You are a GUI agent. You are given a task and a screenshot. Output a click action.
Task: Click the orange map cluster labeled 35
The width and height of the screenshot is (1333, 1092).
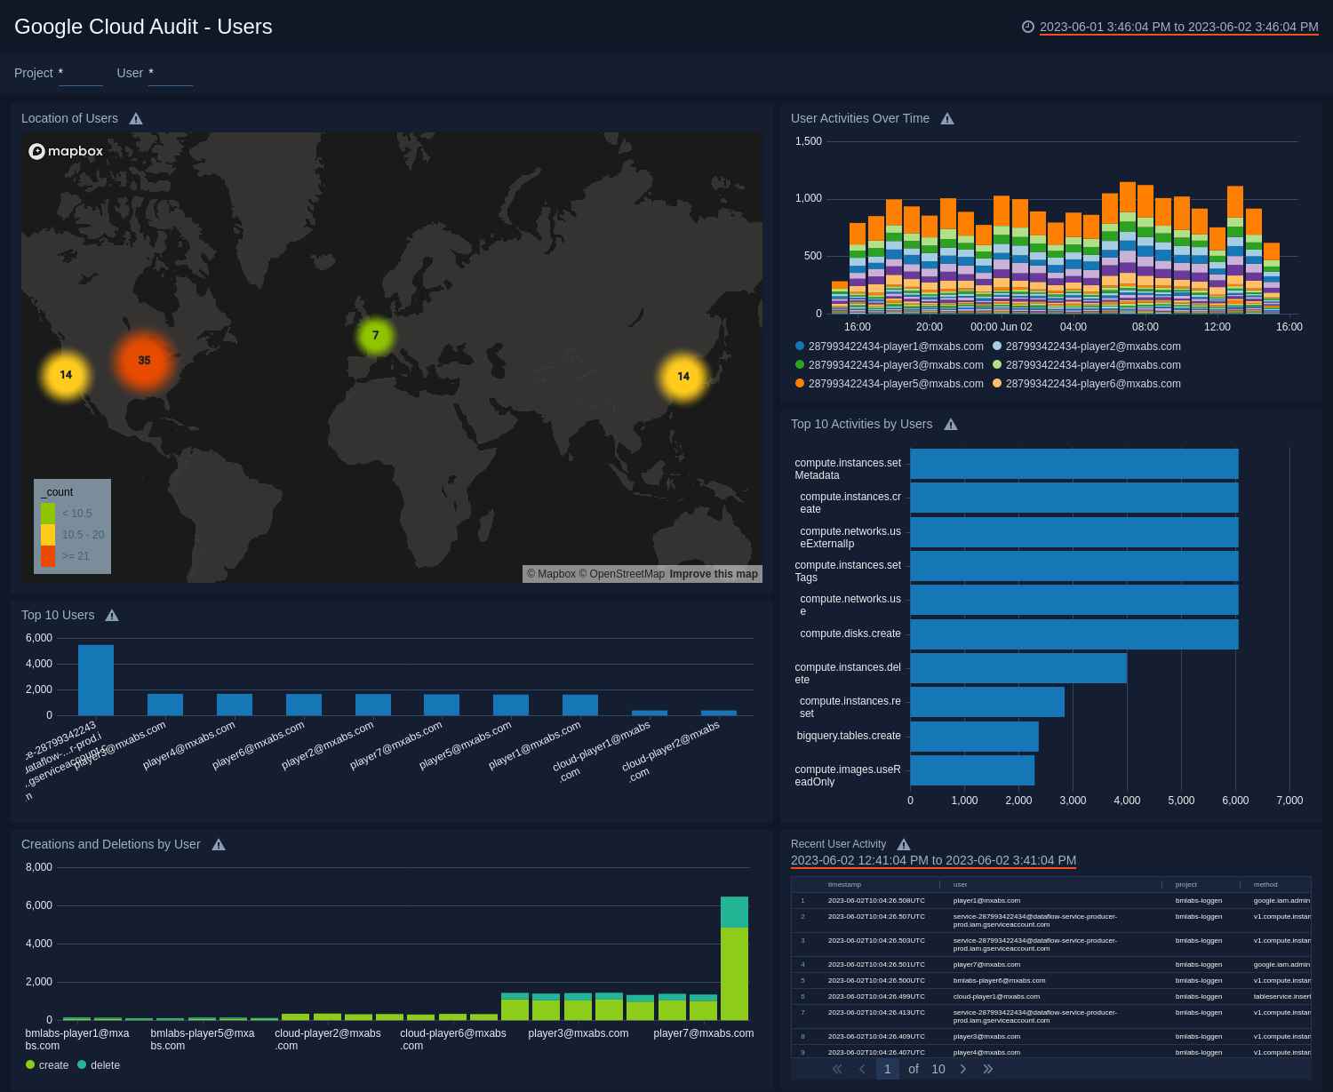pos(144,361)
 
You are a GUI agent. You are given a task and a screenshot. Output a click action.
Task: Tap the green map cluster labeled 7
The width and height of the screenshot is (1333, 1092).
pos(375,336)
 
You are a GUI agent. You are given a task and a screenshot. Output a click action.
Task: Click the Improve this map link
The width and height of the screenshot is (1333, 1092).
pos(714,574)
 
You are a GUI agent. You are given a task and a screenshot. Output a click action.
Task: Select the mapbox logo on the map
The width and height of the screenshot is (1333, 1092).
pos(67,151)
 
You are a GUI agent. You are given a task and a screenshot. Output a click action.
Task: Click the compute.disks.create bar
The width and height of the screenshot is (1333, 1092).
pos(1074,634)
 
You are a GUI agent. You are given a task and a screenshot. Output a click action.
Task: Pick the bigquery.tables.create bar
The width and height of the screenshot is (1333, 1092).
pos(974,737)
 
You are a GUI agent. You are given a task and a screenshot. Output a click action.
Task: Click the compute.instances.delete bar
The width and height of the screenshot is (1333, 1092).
pos(1018,668)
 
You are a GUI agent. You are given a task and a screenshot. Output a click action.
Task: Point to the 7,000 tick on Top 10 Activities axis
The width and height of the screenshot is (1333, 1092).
pos(1289,801)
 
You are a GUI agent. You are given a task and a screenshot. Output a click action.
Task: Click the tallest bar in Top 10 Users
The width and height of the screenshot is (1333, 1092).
pos(96,680)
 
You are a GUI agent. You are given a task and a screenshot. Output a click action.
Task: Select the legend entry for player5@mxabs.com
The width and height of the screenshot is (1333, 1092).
pos(890,384)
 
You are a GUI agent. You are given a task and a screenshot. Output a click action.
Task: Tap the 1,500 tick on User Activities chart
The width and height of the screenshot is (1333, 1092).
pos(809,141)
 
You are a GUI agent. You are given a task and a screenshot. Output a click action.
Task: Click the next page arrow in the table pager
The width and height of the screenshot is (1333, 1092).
pos(963,1069)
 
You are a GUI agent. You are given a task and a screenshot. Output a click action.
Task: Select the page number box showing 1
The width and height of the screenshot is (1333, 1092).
pos(887,1069)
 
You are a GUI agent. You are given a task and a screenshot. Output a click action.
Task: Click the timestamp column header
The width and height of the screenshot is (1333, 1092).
pos(844,885)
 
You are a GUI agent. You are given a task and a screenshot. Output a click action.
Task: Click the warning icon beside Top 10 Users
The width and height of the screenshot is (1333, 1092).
pos(112,616)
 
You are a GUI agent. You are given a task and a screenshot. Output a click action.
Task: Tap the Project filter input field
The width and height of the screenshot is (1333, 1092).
pos(81,74)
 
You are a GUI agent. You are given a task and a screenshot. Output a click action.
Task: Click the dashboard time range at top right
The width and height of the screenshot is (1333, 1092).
pos(1178,28)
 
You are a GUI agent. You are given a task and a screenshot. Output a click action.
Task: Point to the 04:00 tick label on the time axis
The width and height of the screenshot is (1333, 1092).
pos(1073,327)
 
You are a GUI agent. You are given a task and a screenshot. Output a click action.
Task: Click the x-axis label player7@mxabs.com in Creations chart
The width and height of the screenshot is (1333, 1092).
pos(703,1033)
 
